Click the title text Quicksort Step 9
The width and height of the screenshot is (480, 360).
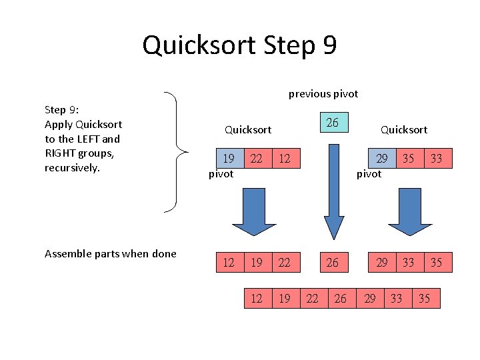click(239, 45)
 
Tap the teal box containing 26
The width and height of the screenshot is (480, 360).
click(332, 122)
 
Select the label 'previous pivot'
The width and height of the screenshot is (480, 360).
click(323, 94)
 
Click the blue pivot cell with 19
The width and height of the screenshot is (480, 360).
click(229, 159)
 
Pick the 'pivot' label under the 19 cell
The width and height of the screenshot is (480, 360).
click(221, 174)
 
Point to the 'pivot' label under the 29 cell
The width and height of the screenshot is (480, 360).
click(369, 174)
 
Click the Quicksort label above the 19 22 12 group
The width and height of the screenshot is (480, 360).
click(248, 129)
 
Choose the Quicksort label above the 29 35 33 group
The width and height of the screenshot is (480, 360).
click(403, 129)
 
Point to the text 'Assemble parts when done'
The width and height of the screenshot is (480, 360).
click(110, 253)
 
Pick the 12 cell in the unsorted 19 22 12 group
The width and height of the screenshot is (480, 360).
click(285, 159)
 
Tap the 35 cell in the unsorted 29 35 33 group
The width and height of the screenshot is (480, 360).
click(408, 159)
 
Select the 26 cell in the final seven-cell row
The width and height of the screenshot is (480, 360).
click(340, 298)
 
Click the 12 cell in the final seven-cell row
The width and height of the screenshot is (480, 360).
click(256, 298)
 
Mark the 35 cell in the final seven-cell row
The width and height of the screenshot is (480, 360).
click(424, 298)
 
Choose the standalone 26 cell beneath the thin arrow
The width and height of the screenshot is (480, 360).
click(332, 263)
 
